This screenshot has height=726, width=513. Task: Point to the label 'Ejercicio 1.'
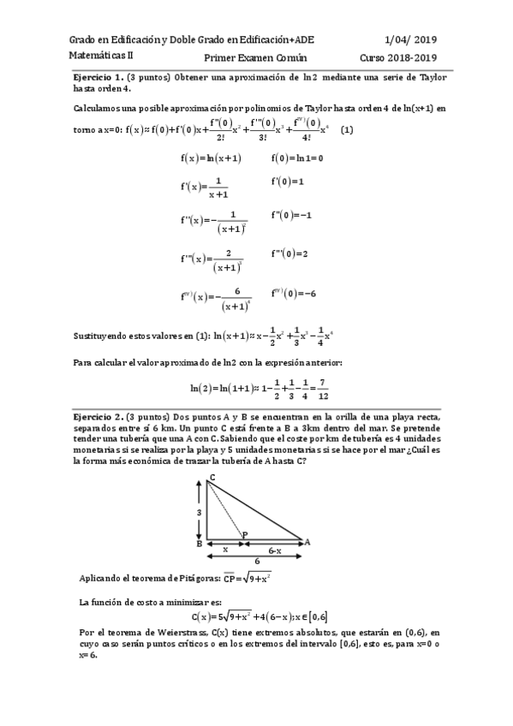click(99, 77)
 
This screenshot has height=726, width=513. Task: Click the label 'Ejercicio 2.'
click(99, 414)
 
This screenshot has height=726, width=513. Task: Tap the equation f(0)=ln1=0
click(296, 158)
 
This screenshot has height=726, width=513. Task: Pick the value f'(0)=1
click(288, 181)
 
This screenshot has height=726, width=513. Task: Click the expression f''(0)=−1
click(291, 215)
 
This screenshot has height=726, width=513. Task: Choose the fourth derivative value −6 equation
click(293, 293)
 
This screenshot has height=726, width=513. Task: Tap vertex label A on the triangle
click(307, 542)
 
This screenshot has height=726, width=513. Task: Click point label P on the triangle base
click(245, 535)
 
